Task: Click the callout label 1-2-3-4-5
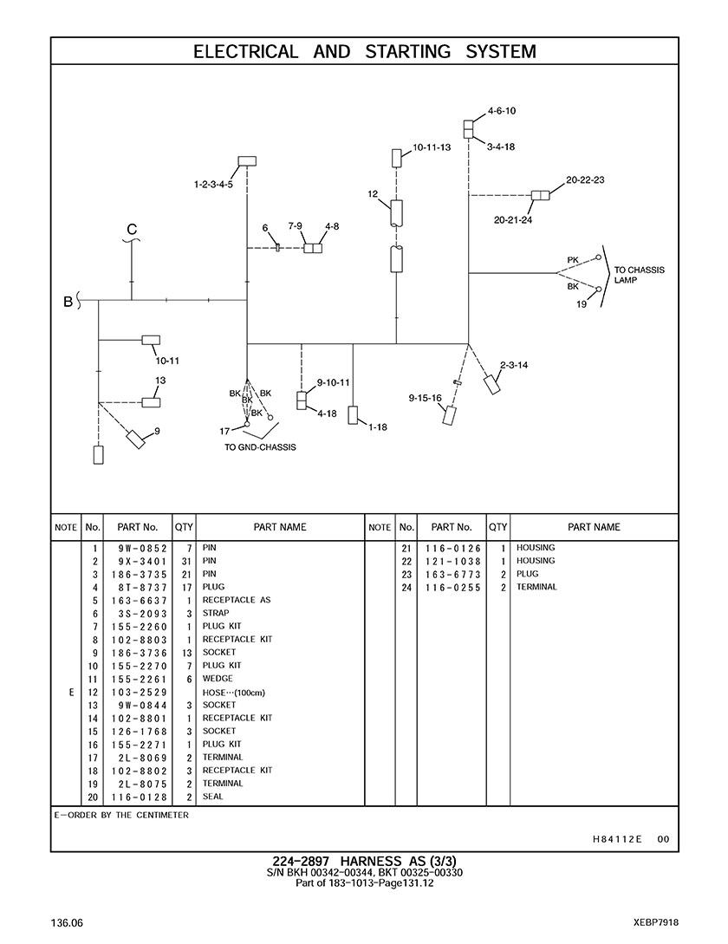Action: [x=213, y=185]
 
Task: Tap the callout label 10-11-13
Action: [x=432, y=147]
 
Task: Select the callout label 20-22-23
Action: [x=585, y=180]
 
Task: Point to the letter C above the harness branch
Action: [x=132, y=230]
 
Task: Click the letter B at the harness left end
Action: [x=68, y=302]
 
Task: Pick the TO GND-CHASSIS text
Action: [x=260, y=447]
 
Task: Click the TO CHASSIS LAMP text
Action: [x=639, y=275]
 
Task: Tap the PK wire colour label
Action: [x=573, y=260]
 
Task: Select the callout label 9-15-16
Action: [x=426, y=398]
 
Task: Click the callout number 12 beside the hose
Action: [x=373, y=194]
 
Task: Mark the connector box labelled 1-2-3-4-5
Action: [x=247, y=160]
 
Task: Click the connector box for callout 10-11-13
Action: [x=397, y=159]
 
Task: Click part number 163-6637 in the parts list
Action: [x=139, y=601]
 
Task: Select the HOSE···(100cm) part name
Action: [x=234, y=693]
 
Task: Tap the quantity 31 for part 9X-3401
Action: [x=186, y=562]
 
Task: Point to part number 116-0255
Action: [x=452, y=588]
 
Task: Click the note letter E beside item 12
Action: [x=71, y=693]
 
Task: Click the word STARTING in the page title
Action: [x=407, y=52]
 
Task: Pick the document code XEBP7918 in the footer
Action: [x=656, y=922]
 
